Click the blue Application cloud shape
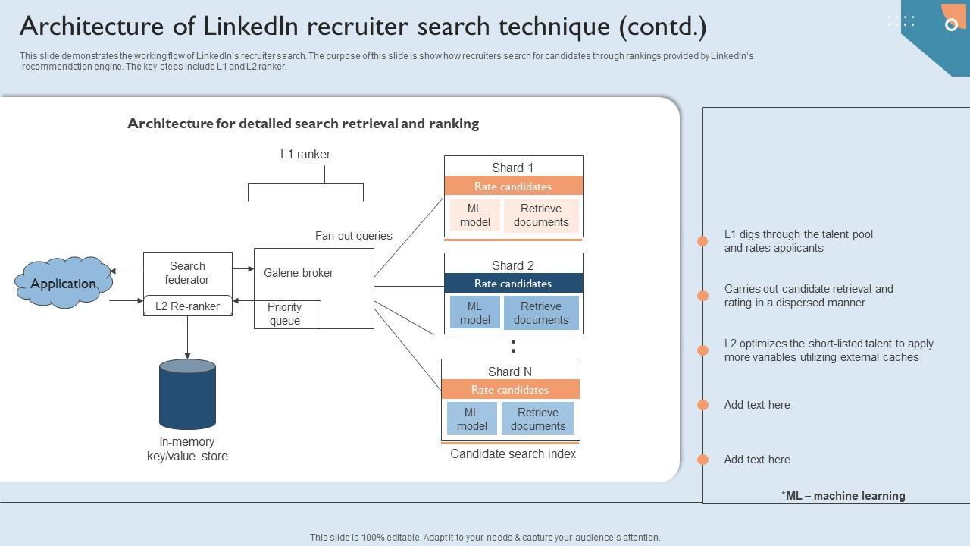(64, 283)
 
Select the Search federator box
(187, 273)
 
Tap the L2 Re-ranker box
(187, 306)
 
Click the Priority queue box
(285, 314)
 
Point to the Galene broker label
(299, 273)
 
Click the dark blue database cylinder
(187, 394)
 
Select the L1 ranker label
(305, 155)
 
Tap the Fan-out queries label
(354, 236)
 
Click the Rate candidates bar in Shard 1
(513, 187)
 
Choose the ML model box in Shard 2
(474, 313)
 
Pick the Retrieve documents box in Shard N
(538, 419)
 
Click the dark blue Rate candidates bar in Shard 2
(513, 284)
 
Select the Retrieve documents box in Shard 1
(541, 215)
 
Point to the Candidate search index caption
(513, 454)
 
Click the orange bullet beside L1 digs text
(702, 241)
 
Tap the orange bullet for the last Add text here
(702, 460)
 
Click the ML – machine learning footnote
(843, 496)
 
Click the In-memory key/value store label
(187, 449)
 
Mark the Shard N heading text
(510, 372)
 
